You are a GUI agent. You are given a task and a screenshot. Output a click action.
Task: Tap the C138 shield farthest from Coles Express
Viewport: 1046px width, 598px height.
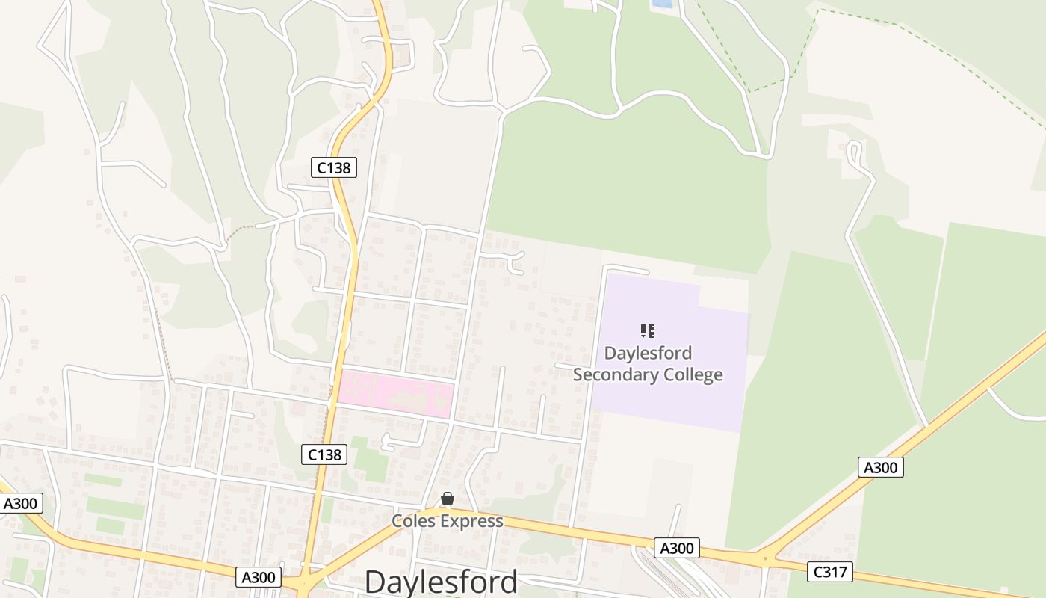point(333,167)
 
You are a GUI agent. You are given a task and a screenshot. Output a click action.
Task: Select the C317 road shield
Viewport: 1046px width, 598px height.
point(830,572)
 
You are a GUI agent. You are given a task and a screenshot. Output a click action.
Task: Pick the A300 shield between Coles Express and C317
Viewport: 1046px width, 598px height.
point(677,548)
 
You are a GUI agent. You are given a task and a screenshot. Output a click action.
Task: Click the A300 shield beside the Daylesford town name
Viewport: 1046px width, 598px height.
point(259,576)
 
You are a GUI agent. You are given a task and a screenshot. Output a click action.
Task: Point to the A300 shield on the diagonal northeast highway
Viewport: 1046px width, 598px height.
point(880,467)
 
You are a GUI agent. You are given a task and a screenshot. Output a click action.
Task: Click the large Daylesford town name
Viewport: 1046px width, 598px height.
point(441,582)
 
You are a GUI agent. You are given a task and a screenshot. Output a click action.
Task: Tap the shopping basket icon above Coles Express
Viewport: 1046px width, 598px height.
point(447,499)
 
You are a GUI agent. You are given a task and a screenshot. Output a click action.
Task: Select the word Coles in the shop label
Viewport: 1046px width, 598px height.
point(414,521)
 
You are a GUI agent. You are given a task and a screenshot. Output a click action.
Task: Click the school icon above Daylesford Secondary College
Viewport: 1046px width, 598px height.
point(648,330)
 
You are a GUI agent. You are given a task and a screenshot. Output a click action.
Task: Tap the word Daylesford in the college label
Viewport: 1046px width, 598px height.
point(648,353)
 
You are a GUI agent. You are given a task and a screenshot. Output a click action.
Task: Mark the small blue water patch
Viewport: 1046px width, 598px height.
point(661,4)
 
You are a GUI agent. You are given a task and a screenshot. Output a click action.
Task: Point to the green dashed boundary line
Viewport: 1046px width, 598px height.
point(807,45)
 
